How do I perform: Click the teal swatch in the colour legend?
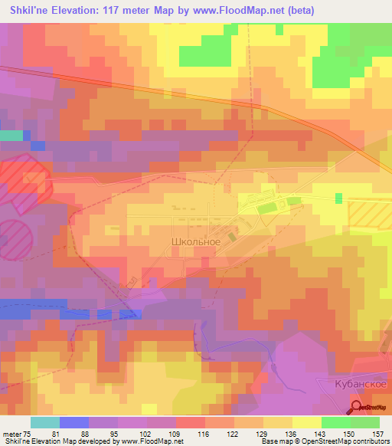(45, 422)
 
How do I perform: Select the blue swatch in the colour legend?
(74, 422)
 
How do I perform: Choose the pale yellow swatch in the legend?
(306, 422)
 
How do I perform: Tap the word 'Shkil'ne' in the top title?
(28, 8)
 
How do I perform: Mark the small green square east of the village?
(338, 198)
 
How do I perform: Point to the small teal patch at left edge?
(11, 135)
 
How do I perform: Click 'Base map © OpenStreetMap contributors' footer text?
(324, 441)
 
